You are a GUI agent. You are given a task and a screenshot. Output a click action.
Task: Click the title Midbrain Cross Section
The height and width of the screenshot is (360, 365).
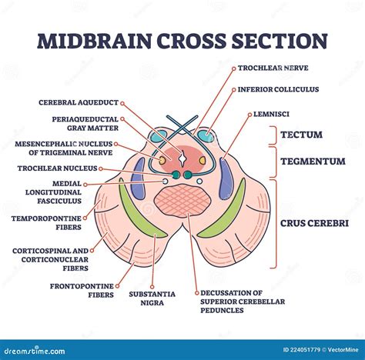pos(182,41)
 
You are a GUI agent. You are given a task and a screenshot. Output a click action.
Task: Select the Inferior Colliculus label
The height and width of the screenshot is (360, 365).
pos(277,89)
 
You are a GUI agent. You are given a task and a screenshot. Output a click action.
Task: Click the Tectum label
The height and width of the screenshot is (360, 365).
pos(301,135)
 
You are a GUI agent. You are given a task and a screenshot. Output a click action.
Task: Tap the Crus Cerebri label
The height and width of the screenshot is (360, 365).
pos(314,222)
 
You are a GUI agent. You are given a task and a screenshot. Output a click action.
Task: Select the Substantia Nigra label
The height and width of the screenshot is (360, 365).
pos(152,298)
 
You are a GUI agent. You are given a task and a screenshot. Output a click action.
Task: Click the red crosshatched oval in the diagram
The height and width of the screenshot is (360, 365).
pos(182,204)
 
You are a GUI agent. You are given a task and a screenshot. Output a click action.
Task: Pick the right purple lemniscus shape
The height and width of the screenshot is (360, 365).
pos(226,178)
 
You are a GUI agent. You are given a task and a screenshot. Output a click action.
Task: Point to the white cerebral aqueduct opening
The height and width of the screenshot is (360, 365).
pos(182,158)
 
